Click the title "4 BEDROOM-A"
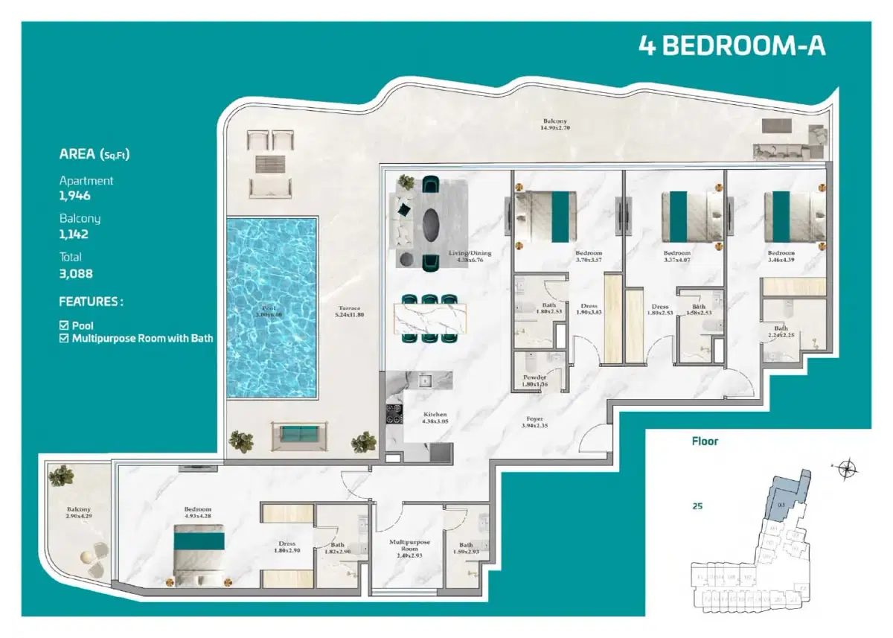tap(732, 45)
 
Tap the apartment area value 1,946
tap(75, 196)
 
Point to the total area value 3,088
tap(76, 273)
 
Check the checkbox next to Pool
tap(64, 326)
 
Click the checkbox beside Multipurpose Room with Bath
tap(64, 338)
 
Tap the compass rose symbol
tap(846, 468)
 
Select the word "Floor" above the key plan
tap(705, 441)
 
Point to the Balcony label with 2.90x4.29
tap(77, 513)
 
